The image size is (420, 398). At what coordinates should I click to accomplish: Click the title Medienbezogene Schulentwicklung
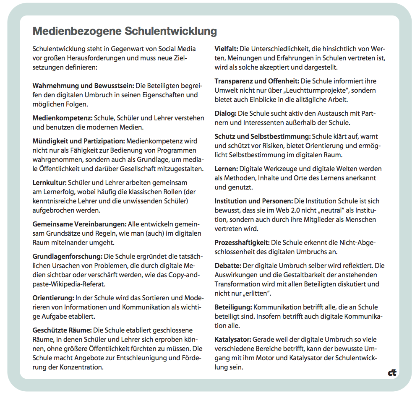(x=125, y=31)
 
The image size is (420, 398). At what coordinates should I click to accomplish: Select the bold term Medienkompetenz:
(x=63, y=118)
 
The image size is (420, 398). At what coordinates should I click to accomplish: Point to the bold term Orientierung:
(x=53, y=298)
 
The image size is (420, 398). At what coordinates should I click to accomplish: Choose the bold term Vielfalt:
(x=227, y=49)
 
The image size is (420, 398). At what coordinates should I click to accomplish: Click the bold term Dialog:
(x=226, y=114)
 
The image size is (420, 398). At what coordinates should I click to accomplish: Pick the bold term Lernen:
(x=226, y=169)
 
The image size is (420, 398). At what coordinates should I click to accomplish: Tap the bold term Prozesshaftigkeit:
(x=242, y=243)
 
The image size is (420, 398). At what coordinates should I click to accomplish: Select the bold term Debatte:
(x=228, y=266)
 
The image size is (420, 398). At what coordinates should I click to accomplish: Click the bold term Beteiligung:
(x=233, y=307)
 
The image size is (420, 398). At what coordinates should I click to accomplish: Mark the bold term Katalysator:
(x=233, y=339)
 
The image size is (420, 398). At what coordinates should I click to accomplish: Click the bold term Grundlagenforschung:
(x=67, y=256)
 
